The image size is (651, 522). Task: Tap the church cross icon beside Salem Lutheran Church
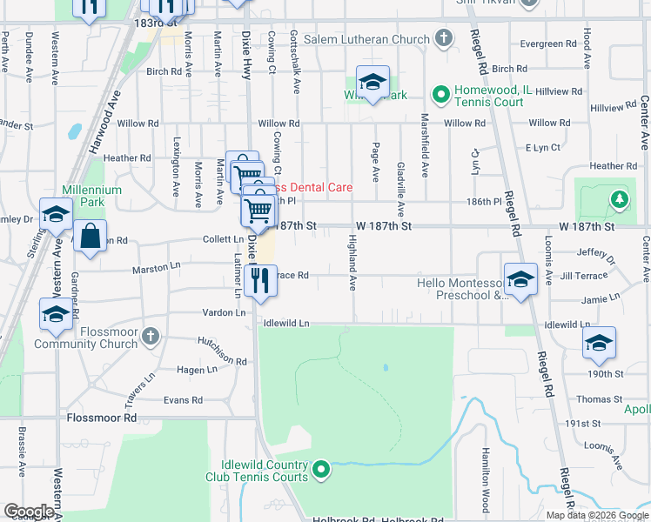coord(444,38)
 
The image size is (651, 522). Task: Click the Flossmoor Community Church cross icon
coord(151,335)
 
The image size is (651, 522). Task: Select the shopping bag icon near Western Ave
coord(91,236)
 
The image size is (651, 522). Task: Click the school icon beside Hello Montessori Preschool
coord(520,279)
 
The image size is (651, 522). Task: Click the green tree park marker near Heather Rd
coord(619,199)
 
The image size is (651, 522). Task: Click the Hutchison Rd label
coord(222,349)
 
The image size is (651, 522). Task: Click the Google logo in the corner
coord(29,512)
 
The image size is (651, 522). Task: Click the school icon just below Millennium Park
coord(56,214)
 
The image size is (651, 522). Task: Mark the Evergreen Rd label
coord(547,43)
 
